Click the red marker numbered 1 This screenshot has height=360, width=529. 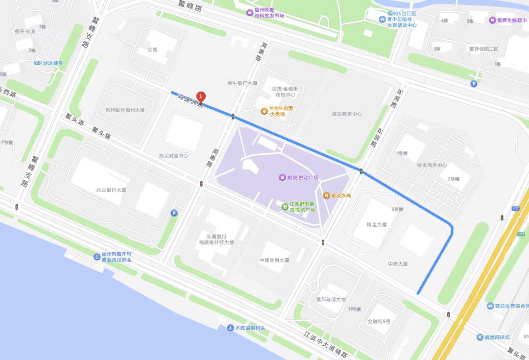[x=201, y=97]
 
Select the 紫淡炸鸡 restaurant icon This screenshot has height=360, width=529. [x=326, y=195]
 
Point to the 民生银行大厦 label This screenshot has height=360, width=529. [x=242, y=83]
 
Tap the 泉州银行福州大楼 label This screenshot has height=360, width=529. [x=125, y=110]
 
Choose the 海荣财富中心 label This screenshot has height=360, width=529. [x=173, y=156]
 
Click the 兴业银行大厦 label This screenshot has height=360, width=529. [x=111, y=190]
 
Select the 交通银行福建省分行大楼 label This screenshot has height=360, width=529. [x=216, y=239]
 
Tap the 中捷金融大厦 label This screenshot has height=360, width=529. [x=274, y=260]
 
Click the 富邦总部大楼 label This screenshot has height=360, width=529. [x=331, y=299]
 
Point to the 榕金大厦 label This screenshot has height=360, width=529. [x=377, y=225]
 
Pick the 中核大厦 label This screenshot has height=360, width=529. [x=398, y=264]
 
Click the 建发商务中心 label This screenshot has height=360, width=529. [x=347, y=114]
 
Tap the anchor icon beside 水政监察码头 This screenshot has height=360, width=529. [x=230, y=328]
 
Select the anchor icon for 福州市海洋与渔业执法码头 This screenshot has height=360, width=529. [x=97, y=257]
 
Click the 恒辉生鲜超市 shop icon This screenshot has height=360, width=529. [x=492, y=21]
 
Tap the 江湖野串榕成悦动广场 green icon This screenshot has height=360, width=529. [x=285, y=206]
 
